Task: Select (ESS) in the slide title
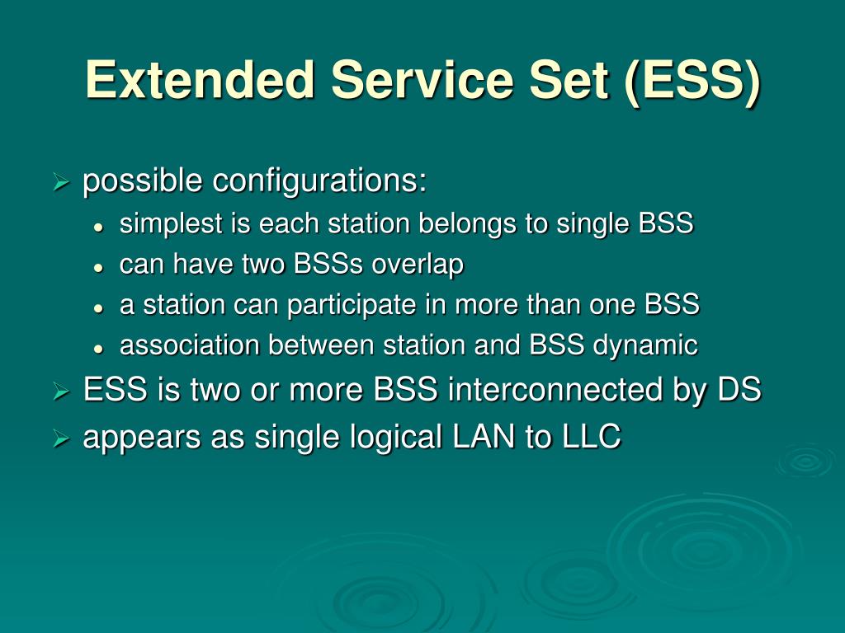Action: [693, 82]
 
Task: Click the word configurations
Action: [319, 181]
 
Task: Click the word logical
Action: [396, 437]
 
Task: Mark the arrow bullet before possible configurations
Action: [62, 183]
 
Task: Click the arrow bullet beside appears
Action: [62, 439]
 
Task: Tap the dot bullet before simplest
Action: [98, 227]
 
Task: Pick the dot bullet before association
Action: [98, 349]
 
